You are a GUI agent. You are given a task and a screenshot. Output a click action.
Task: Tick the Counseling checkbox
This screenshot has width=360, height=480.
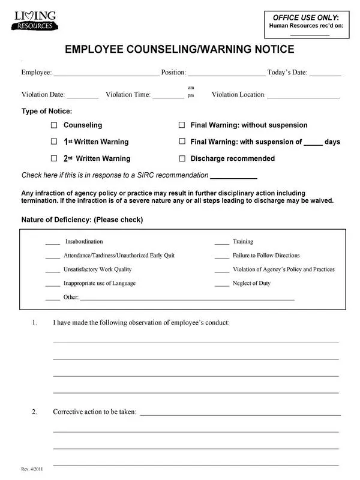coord(53,125)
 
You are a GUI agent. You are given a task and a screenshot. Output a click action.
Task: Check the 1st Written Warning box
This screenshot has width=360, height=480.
coord(53,142)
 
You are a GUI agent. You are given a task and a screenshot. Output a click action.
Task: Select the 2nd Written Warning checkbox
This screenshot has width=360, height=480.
coord(53,159)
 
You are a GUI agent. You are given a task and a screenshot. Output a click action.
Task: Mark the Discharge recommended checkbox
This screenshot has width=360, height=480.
coord(182,159)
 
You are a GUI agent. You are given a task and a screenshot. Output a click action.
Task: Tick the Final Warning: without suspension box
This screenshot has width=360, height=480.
coord(182,125)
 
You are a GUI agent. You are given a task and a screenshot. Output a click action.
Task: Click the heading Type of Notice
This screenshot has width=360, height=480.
coord(47,112)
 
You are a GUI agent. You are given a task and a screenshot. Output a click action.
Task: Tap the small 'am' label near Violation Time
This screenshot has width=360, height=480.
coord(191,88)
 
